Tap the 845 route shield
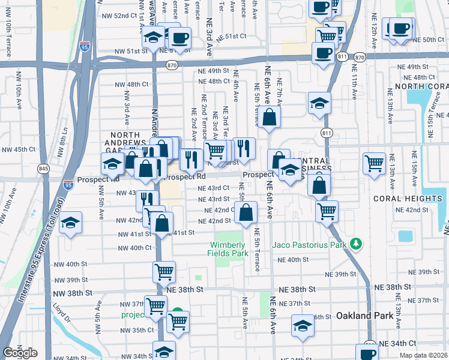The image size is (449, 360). [44, 169]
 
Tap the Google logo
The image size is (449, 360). [20, 353]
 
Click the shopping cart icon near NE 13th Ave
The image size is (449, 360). [374, 163]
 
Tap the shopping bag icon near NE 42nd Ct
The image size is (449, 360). [246, 212]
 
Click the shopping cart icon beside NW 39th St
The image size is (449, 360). [164, 272]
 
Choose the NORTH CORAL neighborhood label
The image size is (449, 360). [421, 86]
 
